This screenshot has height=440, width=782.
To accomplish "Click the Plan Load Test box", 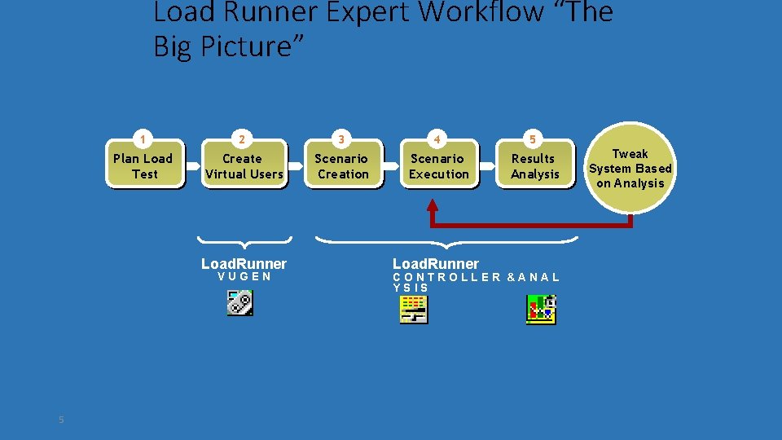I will [144, 166].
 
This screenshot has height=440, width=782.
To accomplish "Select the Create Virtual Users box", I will [244, 166].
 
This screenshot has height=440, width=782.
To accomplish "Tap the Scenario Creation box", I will [342, 166].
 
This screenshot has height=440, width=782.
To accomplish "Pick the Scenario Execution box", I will [439, 166].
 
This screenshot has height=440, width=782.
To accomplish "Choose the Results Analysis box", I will [534, 166].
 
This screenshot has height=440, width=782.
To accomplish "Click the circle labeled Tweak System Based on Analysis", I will [630, 169].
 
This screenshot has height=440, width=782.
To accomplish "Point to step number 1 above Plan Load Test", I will [144, 138].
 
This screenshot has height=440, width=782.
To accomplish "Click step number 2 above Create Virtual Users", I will [242, 138].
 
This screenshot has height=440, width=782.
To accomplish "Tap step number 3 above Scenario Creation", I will [341, 138].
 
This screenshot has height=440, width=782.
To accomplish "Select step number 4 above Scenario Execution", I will [437, 138].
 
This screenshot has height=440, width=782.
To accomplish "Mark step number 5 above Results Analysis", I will [533, 138].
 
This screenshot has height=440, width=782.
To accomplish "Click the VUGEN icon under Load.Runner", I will [239, 303].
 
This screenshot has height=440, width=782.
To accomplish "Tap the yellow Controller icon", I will [414, 310].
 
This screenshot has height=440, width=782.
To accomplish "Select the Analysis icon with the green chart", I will [541, 310].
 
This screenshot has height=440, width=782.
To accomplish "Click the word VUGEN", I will [244, 277].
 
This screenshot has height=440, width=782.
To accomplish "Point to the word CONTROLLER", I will [447, 277].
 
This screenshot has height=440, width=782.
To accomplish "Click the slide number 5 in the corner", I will [61, 420].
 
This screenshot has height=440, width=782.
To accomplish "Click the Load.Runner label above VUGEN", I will [244, 263].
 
